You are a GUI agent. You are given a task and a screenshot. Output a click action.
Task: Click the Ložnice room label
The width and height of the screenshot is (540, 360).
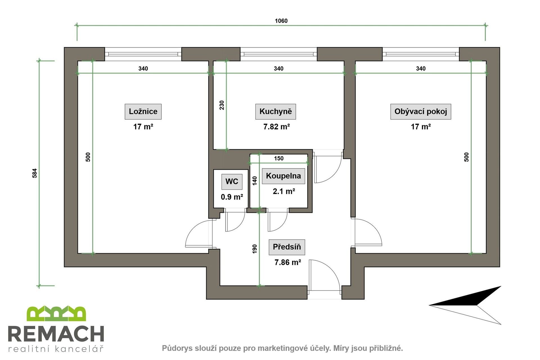tap(143, 111)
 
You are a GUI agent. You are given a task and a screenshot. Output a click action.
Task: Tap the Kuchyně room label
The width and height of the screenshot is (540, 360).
tap(275, 111)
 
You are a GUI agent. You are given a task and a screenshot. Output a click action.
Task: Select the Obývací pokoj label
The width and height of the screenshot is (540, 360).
tap(420, 111)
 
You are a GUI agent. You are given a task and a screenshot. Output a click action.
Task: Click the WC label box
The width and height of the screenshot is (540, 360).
tap(231, 181)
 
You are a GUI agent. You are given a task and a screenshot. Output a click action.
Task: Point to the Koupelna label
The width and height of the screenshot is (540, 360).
tap(283, 176)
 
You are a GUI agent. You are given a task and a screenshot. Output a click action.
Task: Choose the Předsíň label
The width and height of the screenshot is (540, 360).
tap(287, 247)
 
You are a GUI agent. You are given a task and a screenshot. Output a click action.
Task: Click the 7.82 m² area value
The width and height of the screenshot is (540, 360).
tap(276, 127)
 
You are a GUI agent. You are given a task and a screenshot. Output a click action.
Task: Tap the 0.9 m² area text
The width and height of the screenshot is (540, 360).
tap(231, 197)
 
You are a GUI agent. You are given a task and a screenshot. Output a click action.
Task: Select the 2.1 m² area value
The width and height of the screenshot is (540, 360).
tap(283, 192)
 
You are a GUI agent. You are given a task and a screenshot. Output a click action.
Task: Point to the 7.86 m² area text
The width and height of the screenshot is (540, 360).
tap(287, 262)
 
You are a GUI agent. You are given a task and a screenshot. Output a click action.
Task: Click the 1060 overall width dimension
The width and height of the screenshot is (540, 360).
tap(281, 21)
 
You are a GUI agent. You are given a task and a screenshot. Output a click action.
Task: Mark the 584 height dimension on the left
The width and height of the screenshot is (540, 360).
tap(35, 173)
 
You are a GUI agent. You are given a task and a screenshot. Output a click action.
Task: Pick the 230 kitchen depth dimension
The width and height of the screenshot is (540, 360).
tap(222, 105)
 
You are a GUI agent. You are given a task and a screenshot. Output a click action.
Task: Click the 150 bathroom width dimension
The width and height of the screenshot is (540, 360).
tap(278, 158)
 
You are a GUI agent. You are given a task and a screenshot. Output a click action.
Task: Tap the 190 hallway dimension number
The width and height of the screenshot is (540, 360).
tap(255, 249)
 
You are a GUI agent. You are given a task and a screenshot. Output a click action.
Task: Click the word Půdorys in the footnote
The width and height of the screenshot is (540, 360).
tap(174, 348)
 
